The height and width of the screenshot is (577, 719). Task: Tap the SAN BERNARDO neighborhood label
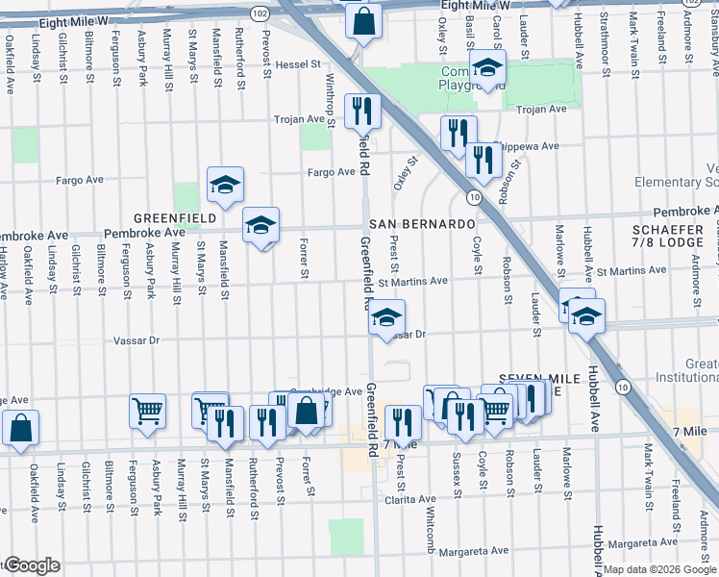(432, 223)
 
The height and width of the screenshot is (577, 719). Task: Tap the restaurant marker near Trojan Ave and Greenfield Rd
(362, 111)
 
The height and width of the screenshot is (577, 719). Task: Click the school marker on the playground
(488, 68)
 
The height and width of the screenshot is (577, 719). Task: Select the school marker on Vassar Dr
(386, 318)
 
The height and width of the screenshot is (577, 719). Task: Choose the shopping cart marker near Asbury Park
(148, 411)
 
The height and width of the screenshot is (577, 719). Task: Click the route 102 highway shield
(260, 13)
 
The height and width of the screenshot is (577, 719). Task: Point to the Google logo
(32, 565)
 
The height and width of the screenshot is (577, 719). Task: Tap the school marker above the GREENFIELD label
(225, 185)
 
